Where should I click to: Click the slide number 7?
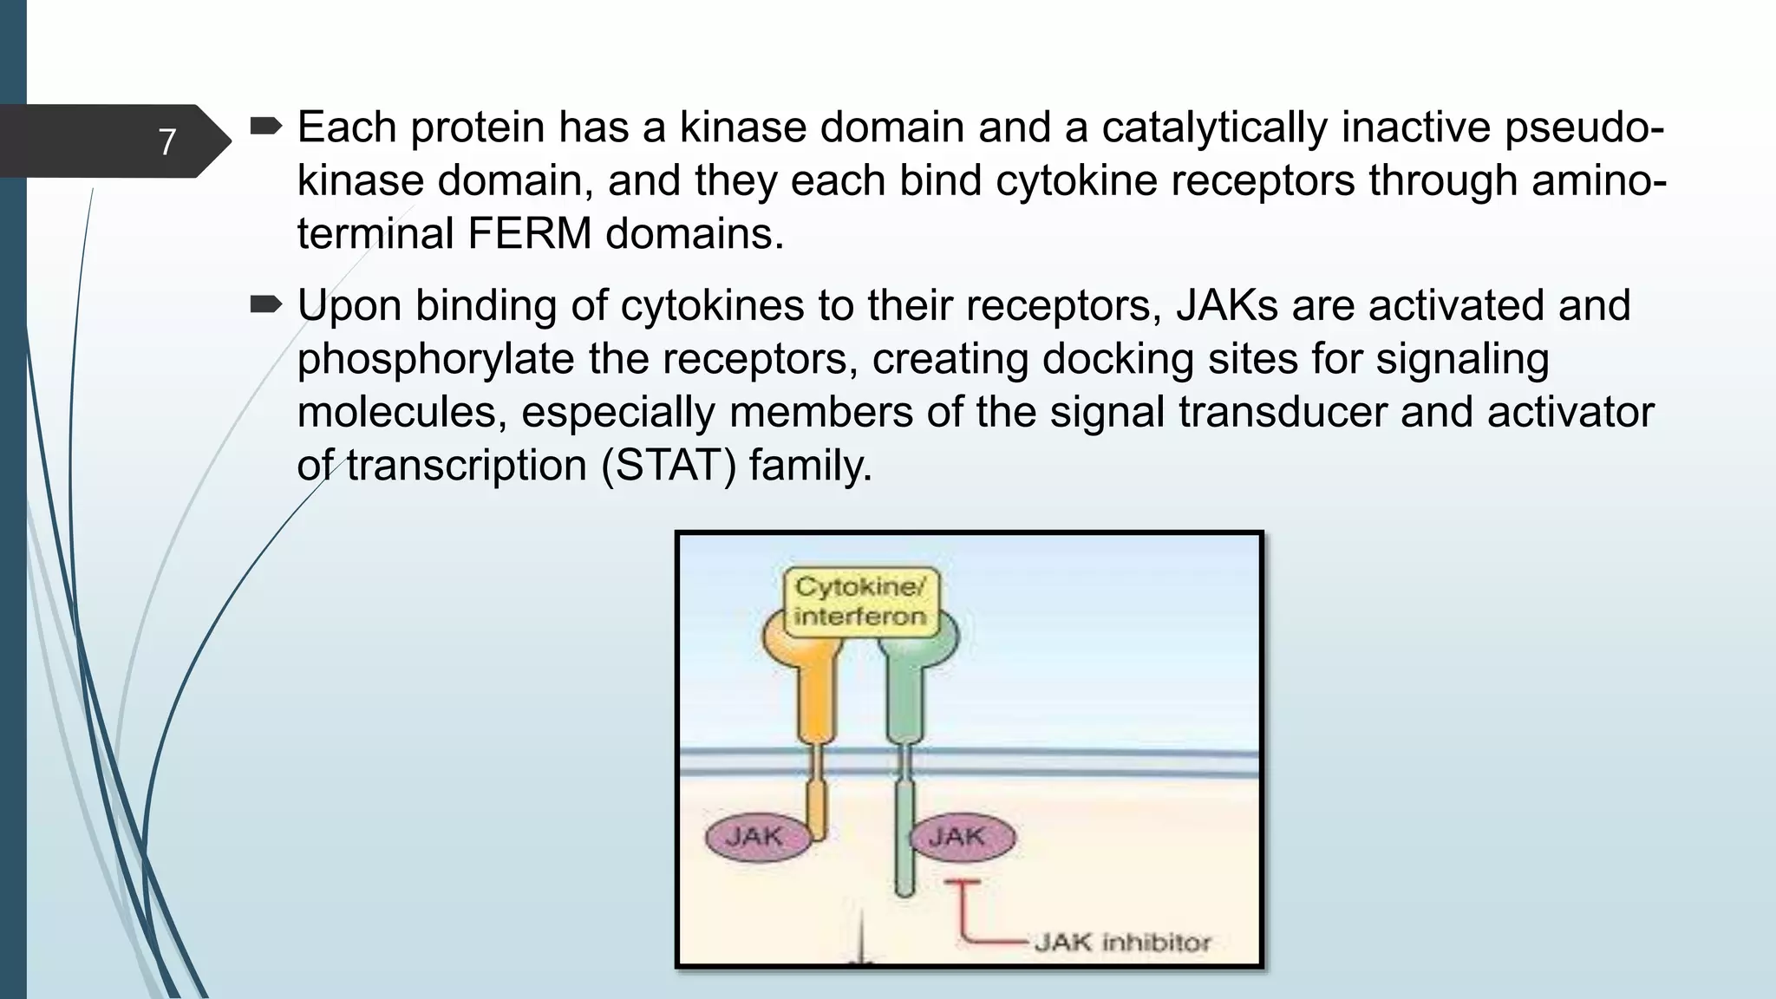pyautogui.click(x=167, y=141)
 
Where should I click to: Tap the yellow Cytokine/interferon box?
pyautogui.click(x=859, y=601)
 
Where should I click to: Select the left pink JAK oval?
pyautogui.click(x=755, y=837)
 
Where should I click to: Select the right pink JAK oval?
pyautogui.click(x=958, y=837)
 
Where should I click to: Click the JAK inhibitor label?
pyautogui.click(x=1122, y=942)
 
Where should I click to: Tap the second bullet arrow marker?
pyautogui.click(x=265, y=305)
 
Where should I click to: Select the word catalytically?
pyautogui.click(x=1214, y=127)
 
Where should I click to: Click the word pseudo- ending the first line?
pyautogui.click(x=1583, y=127)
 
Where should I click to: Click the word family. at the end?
pyautogui.click(x=810, y=465)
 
